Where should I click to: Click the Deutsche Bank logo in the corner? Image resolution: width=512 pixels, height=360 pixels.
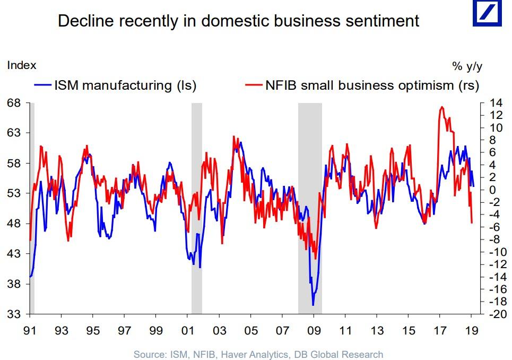tap(488, 14)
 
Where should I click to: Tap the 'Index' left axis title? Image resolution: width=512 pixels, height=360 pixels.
tap(21, 65)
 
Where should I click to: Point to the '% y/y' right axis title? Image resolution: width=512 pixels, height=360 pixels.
tap(467, 66)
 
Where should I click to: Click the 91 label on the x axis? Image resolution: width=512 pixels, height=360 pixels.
tap(30, 330)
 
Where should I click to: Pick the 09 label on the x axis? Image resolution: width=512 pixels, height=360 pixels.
tap(314, 330)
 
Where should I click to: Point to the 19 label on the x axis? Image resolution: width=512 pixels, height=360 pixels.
tap(471, 330)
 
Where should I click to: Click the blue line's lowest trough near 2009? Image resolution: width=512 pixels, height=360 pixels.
tap(313, 305)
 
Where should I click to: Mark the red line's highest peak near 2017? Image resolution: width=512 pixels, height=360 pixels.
tap(442, 107)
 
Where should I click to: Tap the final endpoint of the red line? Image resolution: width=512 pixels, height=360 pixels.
tap(472, 222)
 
